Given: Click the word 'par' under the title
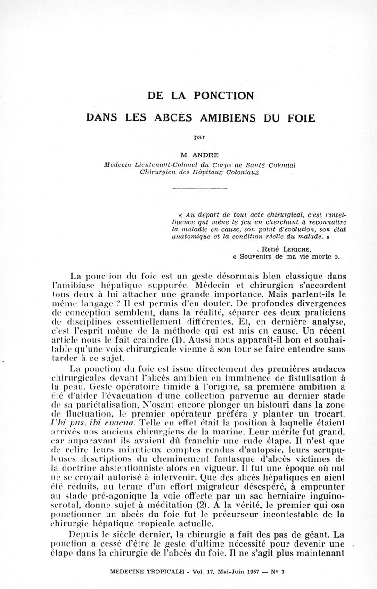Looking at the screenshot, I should pyautogui.click(x=200, y=137).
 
